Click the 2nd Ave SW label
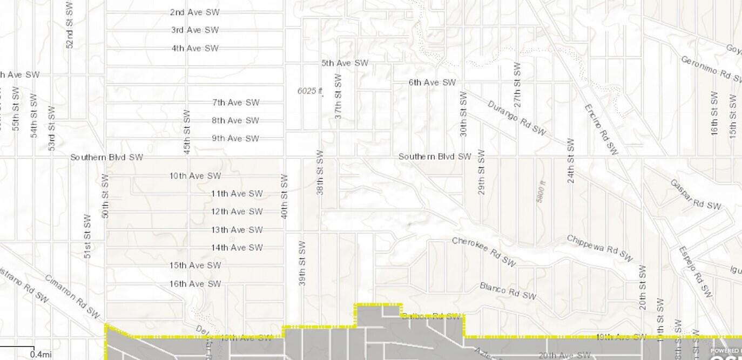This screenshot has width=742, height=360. (194, 12)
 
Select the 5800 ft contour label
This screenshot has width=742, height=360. (542, 192)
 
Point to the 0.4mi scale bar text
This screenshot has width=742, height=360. (41, 354)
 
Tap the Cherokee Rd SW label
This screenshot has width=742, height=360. (484, 252)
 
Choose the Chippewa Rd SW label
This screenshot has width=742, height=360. (599, 248)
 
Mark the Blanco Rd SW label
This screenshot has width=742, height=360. (508, 291)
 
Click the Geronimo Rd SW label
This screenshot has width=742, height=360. (710, 69)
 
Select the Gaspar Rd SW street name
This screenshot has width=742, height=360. (696, 194)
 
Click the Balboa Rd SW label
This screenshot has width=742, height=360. (431, 316)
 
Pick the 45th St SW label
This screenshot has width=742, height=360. (187, 132)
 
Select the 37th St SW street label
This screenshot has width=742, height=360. (338, 96)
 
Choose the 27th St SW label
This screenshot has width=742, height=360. (517, 84)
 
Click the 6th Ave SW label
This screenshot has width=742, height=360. (432, 83)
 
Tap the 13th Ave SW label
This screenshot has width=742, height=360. (237, 230)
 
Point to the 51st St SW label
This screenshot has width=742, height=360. (87, 236)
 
